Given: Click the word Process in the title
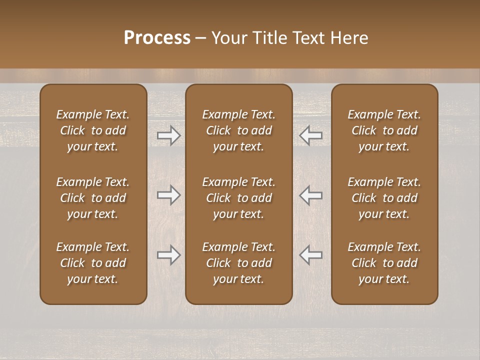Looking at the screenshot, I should pyautogui.click(x=157, y=38).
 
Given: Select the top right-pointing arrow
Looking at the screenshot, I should pyautogui.click(x=168, y=135).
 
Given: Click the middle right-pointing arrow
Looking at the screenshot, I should pyautogui.click(x=168, y=195).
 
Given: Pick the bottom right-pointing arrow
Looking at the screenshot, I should pyautogui.click(x=168, y=255).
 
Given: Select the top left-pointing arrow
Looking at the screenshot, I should pyautogui.click(x=311, y=135).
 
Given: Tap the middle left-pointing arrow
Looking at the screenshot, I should pyautogui.click(x=311, y=195).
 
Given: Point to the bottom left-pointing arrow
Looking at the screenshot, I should pyautogui.click(x=311, y=255).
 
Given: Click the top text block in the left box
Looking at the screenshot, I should pyautogui.click(x=93, y=130).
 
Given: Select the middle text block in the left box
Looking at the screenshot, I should pyautogui.click(x=93, y=198).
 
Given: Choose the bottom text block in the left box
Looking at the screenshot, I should pyautogui.click(x=93, y=263).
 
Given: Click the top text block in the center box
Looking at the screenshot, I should pyautogui.click(x=238, y=130).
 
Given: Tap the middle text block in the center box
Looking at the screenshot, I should pyautogui.click(x=238, y=198).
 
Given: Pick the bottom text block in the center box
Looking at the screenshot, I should pyautogui.click(x=238, y=263).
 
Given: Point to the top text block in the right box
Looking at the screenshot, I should pyautogui.click(x=384, y=130).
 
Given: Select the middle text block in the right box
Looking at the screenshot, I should pyautogui.click(x=384, y=198).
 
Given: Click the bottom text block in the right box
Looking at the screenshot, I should pyautogui.click(x=384, y=263).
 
